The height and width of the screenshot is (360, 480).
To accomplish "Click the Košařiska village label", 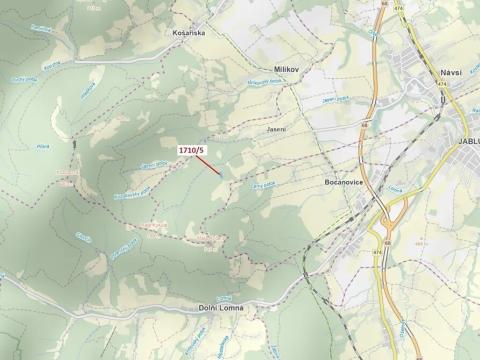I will (188, 32).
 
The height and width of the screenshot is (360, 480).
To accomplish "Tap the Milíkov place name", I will (287, 69).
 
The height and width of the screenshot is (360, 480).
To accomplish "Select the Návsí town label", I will (451, 73).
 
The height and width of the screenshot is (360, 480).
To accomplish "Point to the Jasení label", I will (276, 129).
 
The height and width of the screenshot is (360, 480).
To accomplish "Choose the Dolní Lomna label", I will (221, 308).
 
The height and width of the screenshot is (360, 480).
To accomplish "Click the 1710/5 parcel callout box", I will (191, 150).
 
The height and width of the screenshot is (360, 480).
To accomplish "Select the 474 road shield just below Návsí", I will (441, 86).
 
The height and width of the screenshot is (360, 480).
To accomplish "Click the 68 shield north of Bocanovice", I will (367, 125).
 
